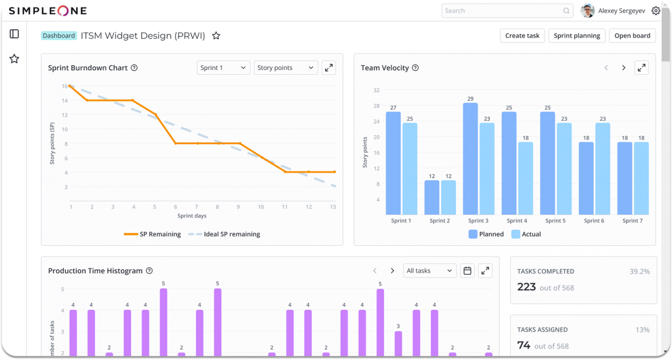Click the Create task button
[522, 36]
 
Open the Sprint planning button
[577, 36]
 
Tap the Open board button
[632, 36]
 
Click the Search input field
[502, 11]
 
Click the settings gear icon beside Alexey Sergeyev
[656, 11]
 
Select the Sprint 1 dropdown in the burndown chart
[223, 68]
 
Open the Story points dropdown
[286, 68]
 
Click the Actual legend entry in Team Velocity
[526, 234]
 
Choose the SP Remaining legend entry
[152, 234]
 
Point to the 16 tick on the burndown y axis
[65, 86]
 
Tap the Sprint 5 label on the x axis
[555, 220]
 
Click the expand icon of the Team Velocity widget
[641, 68]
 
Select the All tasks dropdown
[429, 271]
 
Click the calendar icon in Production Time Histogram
[467, 271]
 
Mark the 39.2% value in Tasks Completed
[639, 271]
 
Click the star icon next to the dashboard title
[216, 36]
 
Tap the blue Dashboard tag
[59, 36]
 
